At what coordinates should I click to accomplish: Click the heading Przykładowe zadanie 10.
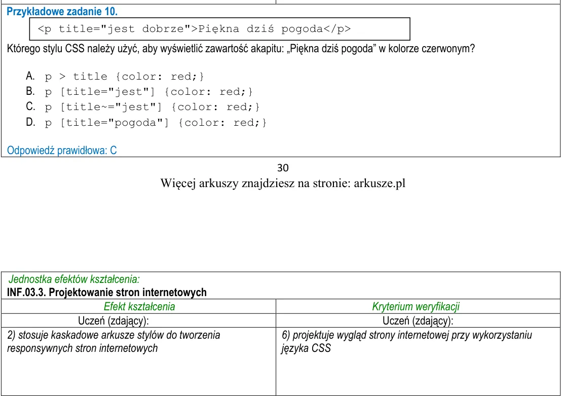click(62, 12)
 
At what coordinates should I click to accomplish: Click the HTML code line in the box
click(194, 29)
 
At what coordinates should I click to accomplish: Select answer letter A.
click(30, 76)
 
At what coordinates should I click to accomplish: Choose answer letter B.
click(30, 91)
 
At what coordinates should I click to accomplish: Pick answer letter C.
click(30, 106)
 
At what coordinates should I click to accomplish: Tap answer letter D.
click(30, 122)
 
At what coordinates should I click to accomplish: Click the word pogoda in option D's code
click(135, 123)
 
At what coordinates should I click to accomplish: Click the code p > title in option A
click(76, 77)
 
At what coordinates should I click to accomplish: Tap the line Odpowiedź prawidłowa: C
click(62, 151)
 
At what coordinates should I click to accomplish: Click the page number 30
click(283, 168)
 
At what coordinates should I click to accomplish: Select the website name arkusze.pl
click(380, 183)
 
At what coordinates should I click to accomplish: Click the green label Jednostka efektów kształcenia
click(74, 279)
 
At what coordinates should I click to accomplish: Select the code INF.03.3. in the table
click(26, 292)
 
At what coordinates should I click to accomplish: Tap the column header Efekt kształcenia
click(139, 307)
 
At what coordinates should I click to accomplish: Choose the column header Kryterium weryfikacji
click(416, 307)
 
